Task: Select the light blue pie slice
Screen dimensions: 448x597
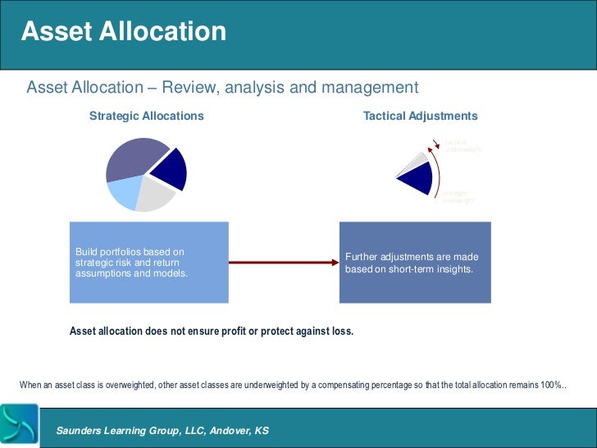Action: point(123,191)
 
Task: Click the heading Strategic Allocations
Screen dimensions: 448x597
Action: point(146,117)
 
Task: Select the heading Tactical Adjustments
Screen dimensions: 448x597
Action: point(420,117)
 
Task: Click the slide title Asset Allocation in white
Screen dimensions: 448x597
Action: point(123,32)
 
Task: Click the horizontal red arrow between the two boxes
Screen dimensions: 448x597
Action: point(283,263)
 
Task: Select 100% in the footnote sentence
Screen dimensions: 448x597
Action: point(551,385)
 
